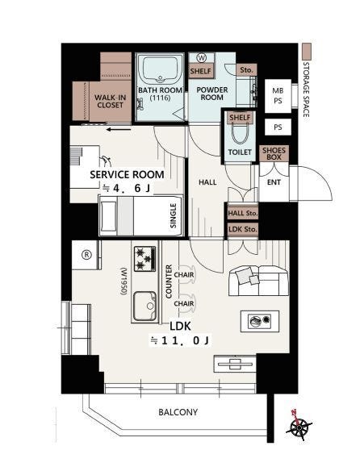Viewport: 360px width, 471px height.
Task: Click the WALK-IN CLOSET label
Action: click(110, 102)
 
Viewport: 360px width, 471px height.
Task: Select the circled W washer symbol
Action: click(202, 58)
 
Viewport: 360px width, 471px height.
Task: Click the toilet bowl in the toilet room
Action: click(240, 134)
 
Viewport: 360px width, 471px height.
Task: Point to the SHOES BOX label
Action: click(274, 153)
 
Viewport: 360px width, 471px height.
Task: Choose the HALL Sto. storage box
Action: click(242, 213)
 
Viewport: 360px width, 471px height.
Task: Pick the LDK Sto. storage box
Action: click(242, 230)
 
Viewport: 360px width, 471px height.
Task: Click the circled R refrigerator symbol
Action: click(86, 255)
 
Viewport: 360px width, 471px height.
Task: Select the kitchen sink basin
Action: click(145, 306)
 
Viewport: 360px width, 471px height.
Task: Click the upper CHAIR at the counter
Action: click(184, 274)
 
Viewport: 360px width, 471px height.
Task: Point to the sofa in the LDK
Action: click(258, 281)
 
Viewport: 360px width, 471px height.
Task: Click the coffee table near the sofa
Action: click(260, 321)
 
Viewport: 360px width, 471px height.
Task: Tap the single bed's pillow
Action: click(108, 216)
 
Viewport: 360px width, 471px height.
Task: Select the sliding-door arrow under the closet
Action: click(119, 130)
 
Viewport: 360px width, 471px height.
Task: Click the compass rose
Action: click(299, 426)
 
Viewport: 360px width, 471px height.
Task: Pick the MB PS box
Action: click(278, 95)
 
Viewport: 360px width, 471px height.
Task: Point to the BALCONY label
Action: click(178, 412)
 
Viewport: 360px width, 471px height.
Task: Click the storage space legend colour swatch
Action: click(307, 52)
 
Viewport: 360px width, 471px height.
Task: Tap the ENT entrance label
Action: click(274, 182)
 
